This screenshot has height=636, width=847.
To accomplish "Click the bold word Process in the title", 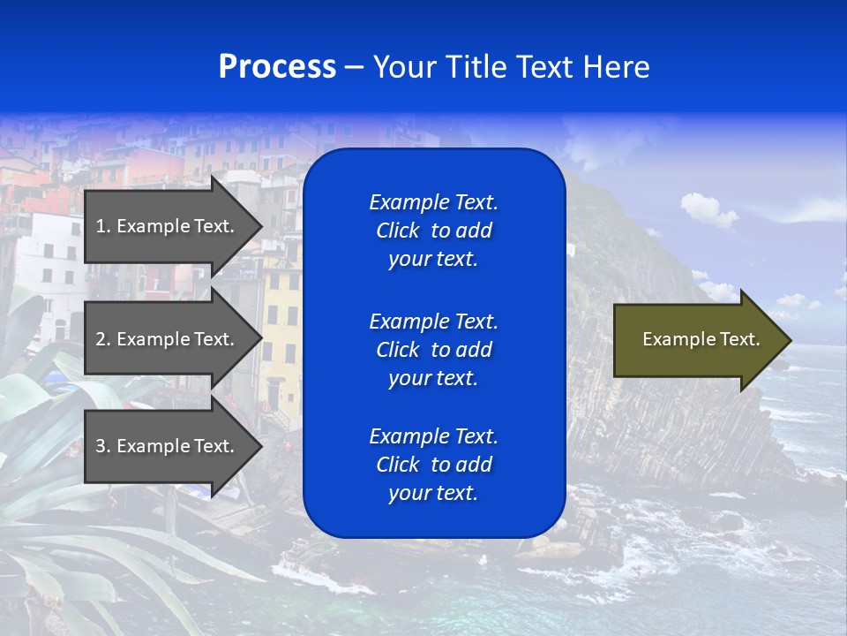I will coord(277,67).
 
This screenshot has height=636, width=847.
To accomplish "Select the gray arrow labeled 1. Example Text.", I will coord(168,226).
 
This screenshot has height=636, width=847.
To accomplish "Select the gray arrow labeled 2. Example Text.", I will coord(168,339).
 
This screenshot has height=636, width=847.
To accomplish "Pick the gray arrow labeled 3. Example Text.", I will coord(168,446).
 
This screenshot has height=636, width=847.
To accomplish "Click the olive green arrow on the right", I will coord(697,340).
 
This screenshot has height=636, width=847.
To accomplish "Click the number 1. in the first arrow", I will coord(102,226).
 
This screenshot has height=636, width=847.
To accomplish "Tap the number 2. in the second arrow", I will coord(102,339).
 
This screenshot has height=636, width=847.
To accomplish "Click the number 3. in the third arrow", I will coord(102,446).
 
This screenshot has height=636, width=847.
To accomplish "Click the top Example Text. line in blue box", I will coord(433,202).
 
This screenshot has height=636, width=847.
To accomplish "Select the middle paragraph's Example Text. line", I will coord(433,321).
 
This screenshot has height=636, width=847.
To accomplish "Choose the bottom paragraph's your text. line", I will coord(433,494).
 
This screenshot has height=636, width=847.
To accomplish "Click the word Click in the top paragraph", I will coord(397,231).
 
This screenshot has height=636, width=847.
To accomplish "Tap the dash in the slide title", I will coord(354,68).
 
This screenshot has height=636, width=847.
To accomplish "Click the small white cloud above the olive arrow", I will coord(708,209).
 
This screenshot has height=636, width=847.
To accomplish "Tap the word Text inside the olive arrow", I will coord(739,339).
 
